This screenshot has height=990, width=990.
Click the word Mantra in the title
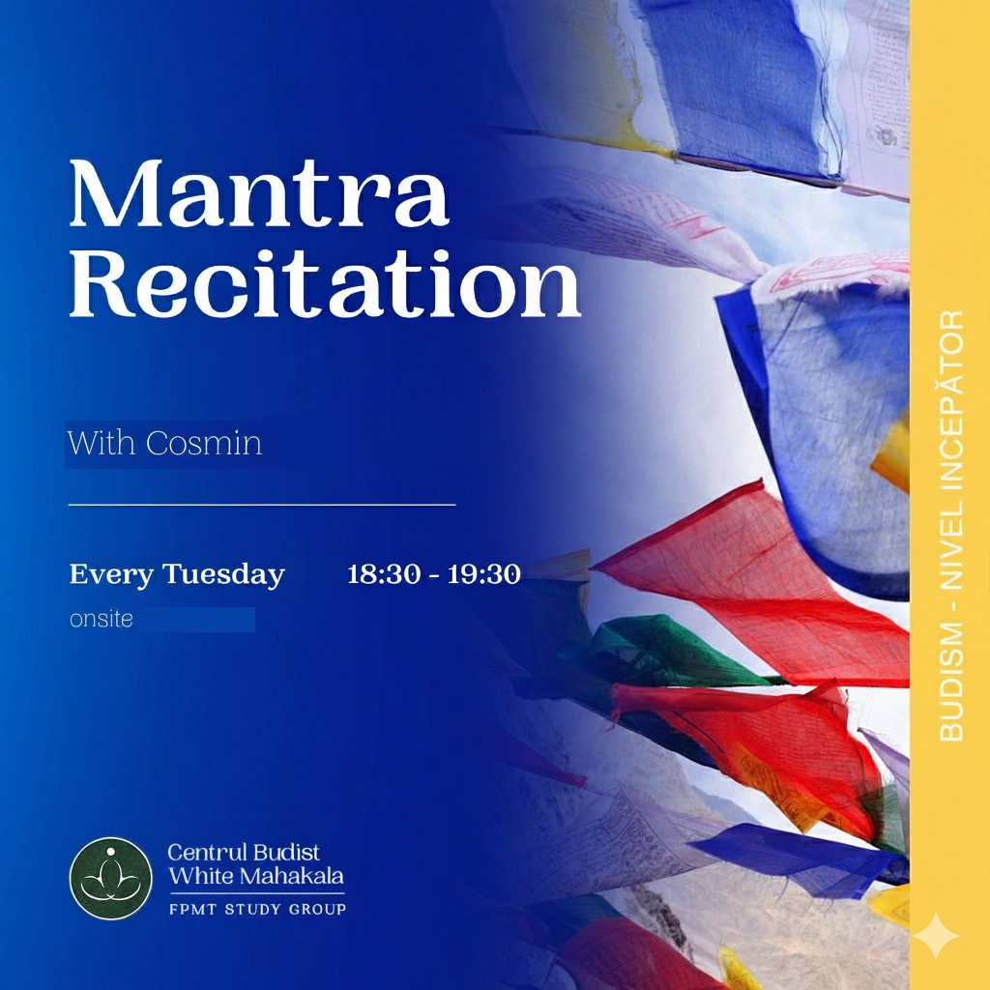pyautogui.click(x=259, y=193)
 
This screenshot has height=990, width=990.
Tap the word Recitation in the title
pyautogui.click(x=325, y=283)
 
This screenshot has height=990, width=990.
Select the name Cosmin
pyautogui.click(x=204, y=443)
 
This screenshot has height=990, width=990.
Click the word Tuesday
pyautogui.click(x=223, y=575)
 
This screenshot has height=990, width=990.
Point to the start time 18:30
pyautogui.click(x=384, y=574)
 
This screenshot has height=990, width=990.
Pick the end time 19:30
pyautogui.click(x=484, y=574)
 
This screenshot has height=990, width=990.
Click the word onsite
pyautogui.click(x=101, y=620)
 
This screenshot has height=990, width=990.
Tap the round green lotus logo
pyautogui.click(x=110, y=878)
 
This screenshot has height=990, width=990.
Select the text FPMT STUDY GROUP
pyautogui.click(x=257, y=910)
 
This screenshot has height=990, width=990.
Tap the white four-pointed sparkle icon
pyautogui.click(x=936, y=936)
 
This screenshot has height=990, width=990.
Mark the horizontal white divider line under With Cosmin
pyautogui.click(x=262, y=505)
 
